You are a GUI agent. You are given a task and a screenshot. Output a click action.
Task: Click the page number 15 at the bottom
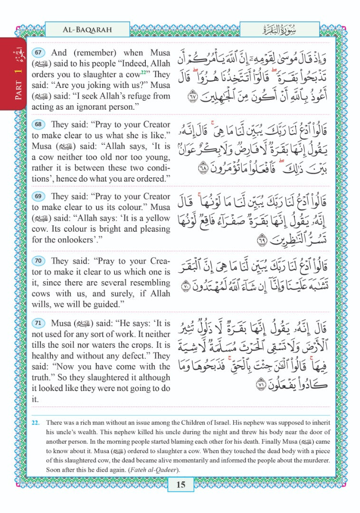tap(180, 484)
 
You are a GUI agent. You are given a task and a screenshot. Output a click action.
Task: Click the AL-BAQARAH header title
tap(87, 29)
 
